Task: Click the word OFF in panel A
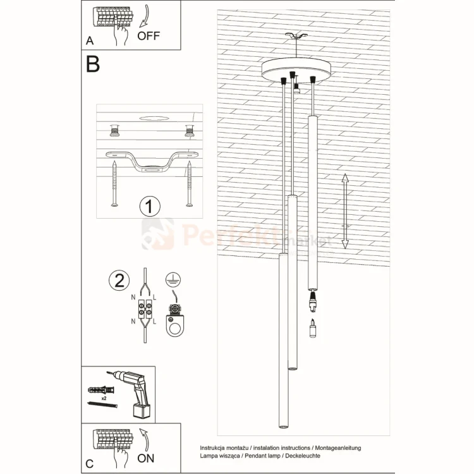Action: (149, 35)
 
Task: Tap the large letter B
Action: (93, 64)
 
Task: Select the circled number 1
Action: (150, 206)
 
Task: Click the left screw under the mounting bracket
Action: (114, 183)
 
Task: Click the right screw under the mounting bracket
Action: (189, 183)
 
